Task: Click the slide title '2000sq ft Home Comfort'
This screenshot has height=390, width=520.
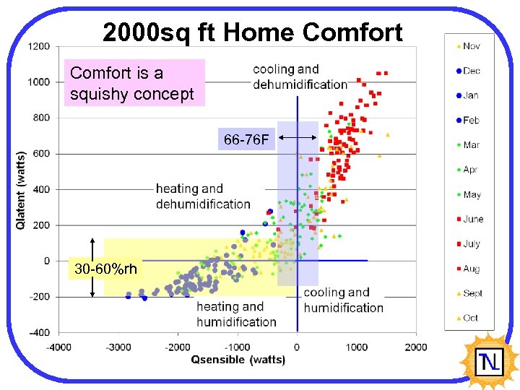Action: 252,32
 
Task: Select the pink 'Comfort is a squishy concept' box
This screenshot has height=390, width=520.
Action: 134,83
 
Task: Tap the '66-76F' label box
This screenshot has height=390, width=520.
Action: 247,139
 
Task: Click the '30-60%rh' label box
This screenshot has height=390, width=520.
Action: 105,269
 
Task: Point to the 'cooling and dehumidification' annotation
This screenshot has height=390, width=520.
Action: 300,77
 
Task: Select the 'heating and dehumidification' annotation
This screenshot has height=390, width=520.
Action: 203,196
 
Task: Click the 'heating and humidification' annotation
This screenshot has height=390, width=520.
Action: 236,314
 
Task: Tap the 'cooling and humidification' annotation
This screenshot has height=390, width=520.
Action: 343,300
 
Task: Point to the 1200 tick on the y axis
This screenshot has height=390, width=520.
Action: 39,46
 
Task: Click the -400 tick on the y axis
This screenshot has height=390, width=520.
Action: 39,332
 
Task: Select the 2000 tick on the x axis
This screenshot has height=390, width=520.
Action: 416,347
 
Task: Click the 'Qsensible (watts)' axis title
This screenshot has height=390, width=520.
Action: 238,360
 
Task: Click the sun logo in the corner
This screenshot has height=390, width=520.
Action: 490,360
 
